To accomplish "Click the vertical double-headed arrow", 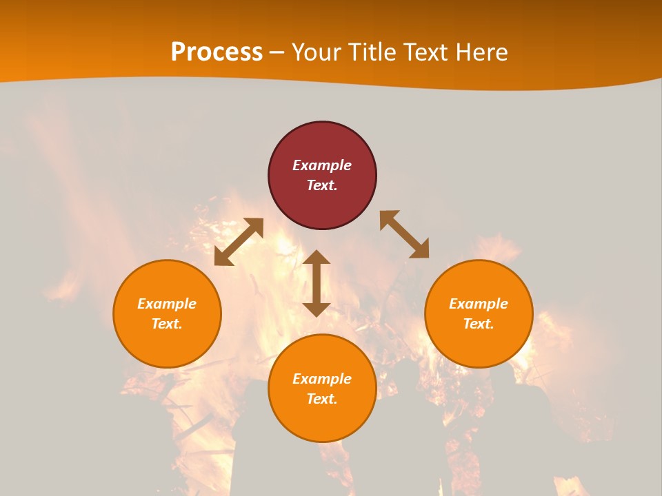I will pos(317,283).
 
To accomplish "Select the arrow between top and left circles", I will pos(239,242).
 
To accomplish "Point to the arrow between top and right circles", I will pos(404,234).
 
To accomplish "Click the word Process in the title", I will pos(217,52).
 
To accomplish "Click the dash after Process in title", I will pos(277,52).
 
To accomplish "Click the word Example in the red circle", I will pos(322,165).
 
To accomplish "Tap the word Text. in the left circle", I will pos(167,324).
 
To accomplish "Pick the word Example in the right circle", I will pos(479,304).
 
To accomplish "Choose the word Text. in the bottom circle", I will pos(322,399).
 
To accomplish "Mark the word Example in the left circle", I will pos(167,304).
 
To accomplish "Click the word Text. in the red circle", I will pos(322,185).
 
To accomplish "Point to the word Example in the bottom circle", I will pos(322,379).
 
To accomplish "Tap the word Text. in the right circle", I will pos(479,324).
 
